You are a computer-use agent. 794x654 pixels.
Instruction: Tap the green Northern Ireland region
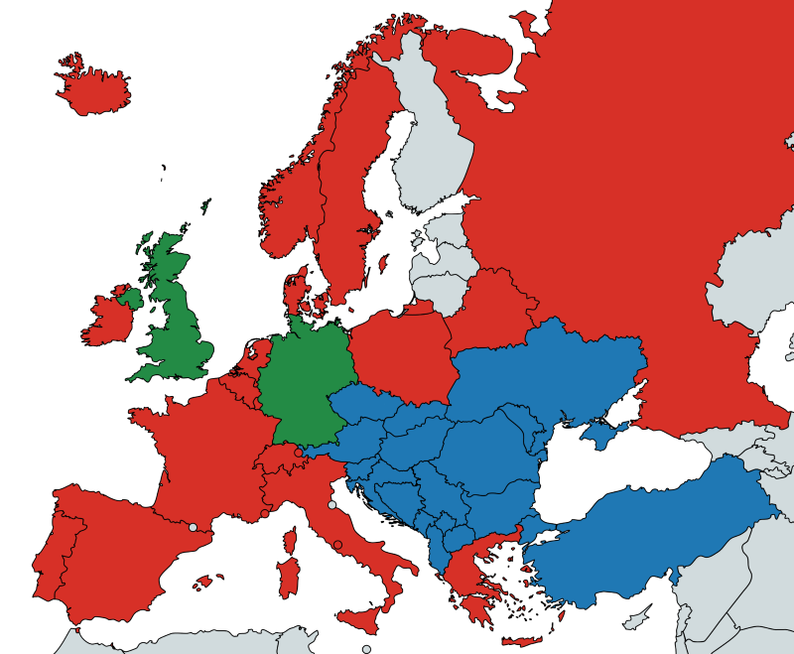(130, 297)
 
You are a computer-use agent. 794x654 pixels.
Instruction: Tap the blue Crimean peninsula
(599, 433)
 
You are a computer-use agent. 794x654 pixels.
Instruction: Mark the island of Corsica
(290, 542)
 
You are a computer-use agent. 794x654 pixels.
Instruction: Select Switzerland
(281, 458)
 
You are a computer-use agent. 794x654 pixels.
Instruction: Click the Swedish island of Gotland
(383, 264)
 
